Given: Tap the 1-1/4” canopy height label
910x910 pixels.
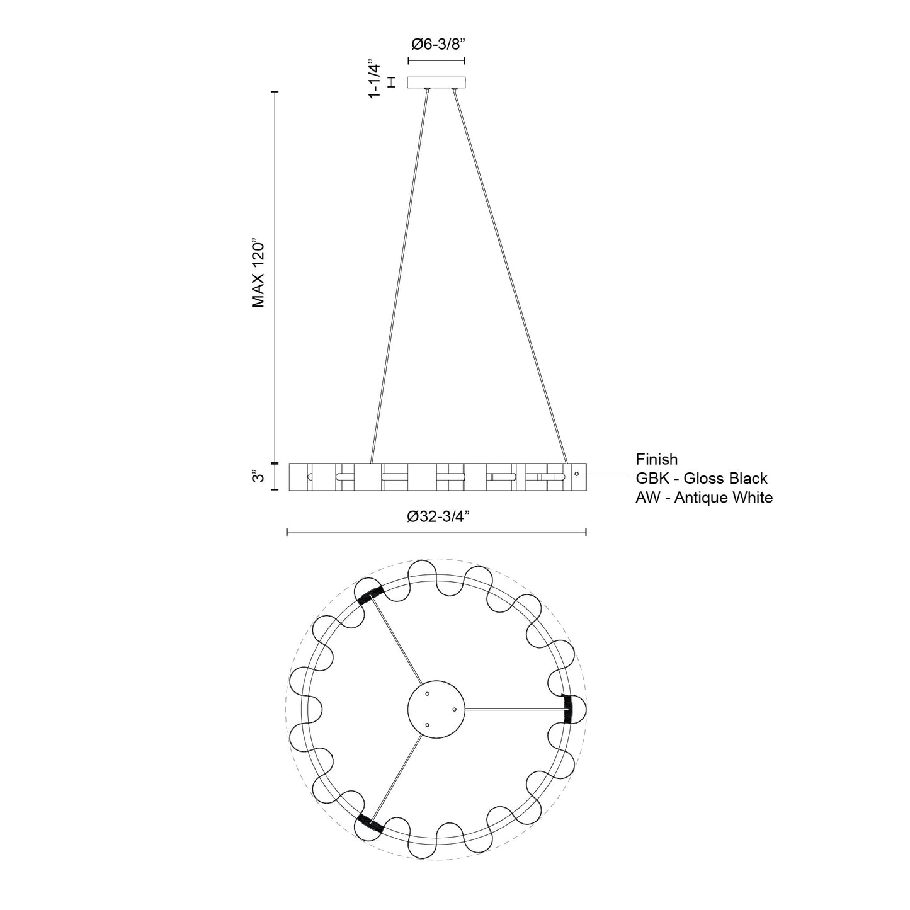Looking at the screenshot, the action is coord(375,79).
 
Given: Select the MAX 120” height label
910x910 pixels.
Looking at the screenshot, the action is coord(258,275).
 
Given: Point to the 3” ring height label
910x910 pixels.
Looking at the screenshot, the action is coord(258,477).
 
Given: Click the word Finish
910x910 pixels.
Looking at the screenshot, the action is coord(656,459).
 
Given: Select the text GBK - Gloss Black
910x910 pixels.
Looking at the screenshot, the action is coord(702,479).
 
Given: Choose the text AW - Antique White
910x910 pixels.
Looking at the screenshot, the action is coord(704,498).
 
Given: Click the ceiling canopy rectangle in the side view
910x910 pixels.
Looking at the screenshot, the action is coord(436,82).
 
